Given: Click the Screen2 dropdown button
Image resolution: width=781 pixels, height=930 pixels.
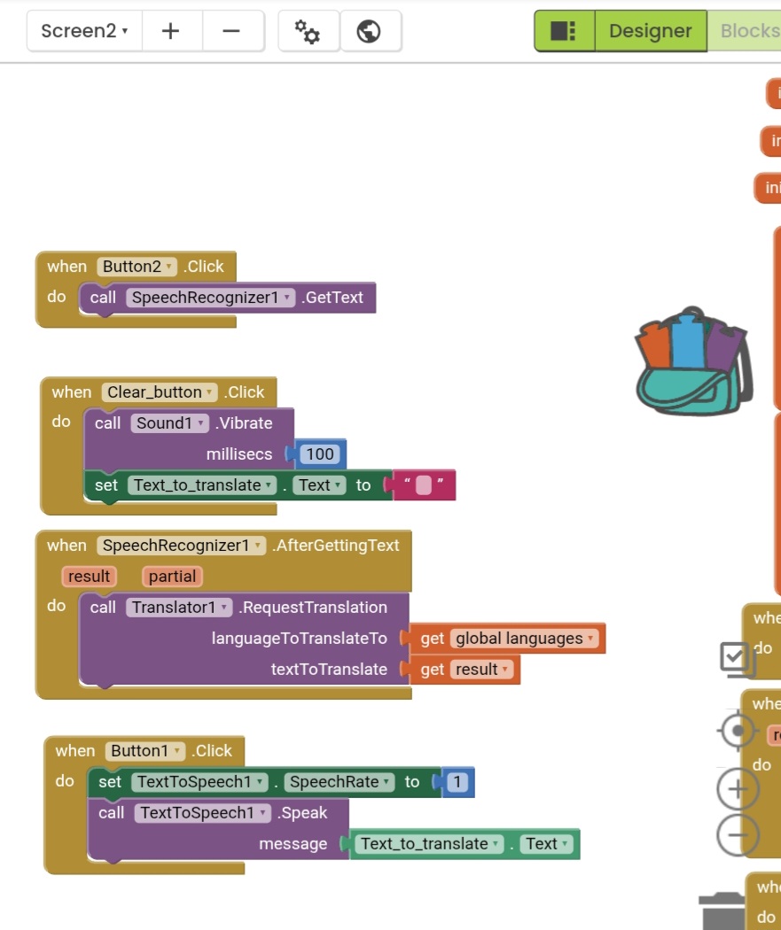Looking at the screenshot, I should click(x=84, y=31).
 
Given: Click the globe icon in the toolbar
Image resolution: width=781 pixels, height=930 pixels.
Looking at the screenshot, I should click(x=369, y=31).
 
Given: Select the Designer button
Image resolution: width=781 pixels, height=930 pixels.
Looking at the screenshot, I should click(x=650, y=31).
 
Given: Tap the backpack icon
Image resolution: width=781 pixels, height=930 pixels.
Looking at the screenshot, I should click(x=693, y=361).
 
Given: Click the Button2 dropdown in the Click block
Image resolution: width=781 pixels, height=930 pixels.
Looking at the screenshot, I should click(x=137, y=267).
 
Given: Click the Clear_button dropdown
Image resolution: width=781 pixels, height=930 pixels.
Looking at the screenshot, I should click(x=160, y=392).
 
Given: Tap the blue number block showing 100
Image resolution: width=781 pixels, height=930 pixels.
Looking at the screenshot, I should click(x=319, y=454).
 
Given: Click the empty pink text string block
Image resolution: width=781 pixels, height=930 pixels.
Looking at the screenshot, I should click(x=423, y=485).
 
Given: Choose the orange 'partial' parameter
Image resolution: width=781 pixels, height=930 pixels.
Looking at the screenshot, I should click(x=172, y=577).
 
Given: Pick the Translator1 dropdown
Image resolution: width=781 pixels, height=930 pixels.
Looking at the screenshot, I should click(x=180, y=608).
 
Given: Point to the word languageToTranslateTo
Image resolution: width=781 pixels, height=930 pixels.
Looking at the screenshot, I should click(x=299, y=639).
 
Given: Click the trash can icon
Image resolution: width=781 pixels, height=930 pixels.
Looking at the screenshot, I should click(x=722, y=911).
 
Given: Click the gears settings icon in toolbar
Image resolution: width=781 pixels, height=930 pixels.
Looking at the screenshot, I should click(x=308, y=31).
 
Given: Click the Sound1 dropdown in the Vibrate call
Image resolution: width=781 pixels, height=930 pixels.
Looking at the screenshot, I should click(x=169, y=423).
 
